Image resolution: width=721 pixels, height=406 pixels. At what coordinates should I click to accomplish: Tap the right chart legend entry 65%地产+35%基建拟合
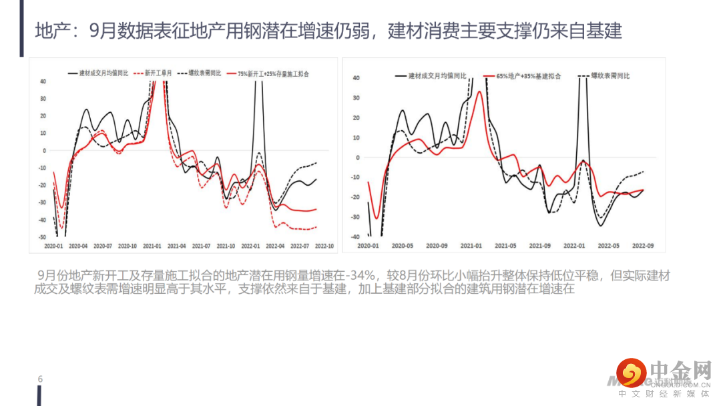pos(527,76)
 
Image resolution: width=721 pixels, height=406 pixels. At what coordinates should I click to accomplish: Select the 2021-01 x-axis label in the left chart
pos(155,246)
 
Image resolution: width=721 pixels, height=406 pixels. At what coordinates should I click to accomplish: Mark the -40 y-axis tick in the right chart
pos(356,237)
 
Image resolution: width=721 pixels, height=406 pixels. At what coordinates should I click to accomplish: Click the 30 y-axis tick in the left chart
pos(43,99)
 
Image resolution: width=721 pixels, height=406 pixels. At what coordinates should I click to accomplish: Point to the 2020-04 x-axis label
pos(79,246)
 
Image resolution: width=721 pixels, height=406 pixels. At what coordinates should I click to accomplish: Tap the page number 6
pos(40,379)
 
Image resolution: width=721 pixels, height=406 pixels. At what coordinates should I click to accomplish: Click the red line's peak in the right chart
pos(479,91)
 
